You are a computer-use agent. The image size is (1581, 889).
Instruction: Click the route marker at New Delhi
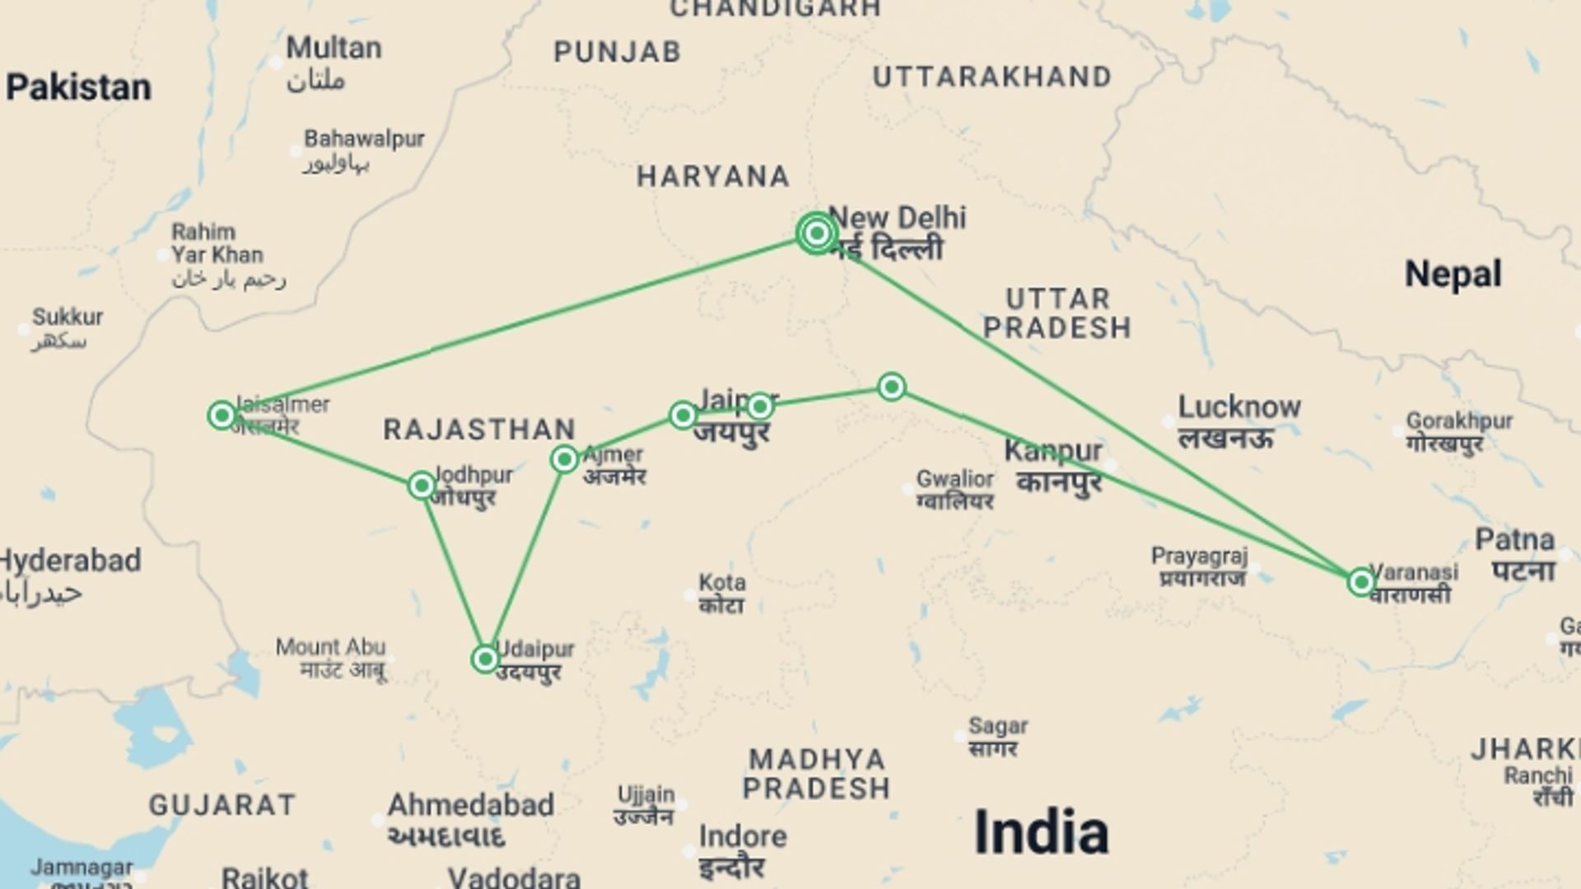tap(816, 234)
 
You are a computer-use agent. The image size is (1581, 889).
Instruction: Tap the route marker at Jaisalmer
tap(222, 415)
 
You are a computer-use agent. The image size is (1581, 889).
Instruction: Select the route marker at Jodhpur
tap(422, 486)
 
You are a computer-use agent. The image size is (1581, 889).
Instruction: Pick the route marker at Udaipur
tap(485, 659)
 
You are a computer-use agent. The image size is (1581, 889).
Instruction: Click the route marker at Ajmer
tap(565, 458)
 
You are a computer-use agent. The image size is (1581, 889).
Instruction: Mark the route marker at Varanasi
tap(1361, 583)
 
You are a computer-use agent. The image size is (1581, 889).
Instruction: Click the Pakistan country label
tap(79, 87)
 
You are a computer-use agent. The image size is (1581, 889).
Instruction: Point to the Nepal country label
tap(1453, 274)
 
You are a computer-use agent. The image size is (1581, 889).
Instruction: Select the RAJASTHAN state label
tap(479, 429)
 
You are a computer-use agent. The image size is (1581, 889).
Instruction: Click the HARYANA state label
tap(713, 176)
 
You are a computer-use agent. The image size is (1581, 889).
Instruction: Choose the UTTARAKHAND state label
tap(992, 77)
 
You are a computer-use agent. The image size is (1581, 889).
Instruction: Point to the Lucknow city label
tap(1238, 407)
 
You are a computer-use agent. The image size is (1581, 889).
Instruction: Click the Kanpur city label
tap(1053, 451)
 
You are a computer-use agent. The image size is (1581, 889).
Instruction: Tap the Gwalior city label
tap(955, 479)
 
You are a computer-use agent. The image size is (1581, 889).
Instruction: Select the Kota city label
tap(722, 583)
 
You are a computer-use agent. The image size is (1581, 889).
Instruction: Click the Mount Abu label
tap(330, 647)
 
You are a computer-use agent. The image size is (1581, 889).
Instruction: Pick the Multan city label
tap(333, 49)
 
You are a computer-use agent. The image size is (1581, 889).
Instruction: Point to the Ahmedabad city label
tap(470, 805)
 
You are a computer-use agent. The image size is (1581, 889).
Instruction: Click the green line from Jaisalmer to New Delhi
tap(519, 323)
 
